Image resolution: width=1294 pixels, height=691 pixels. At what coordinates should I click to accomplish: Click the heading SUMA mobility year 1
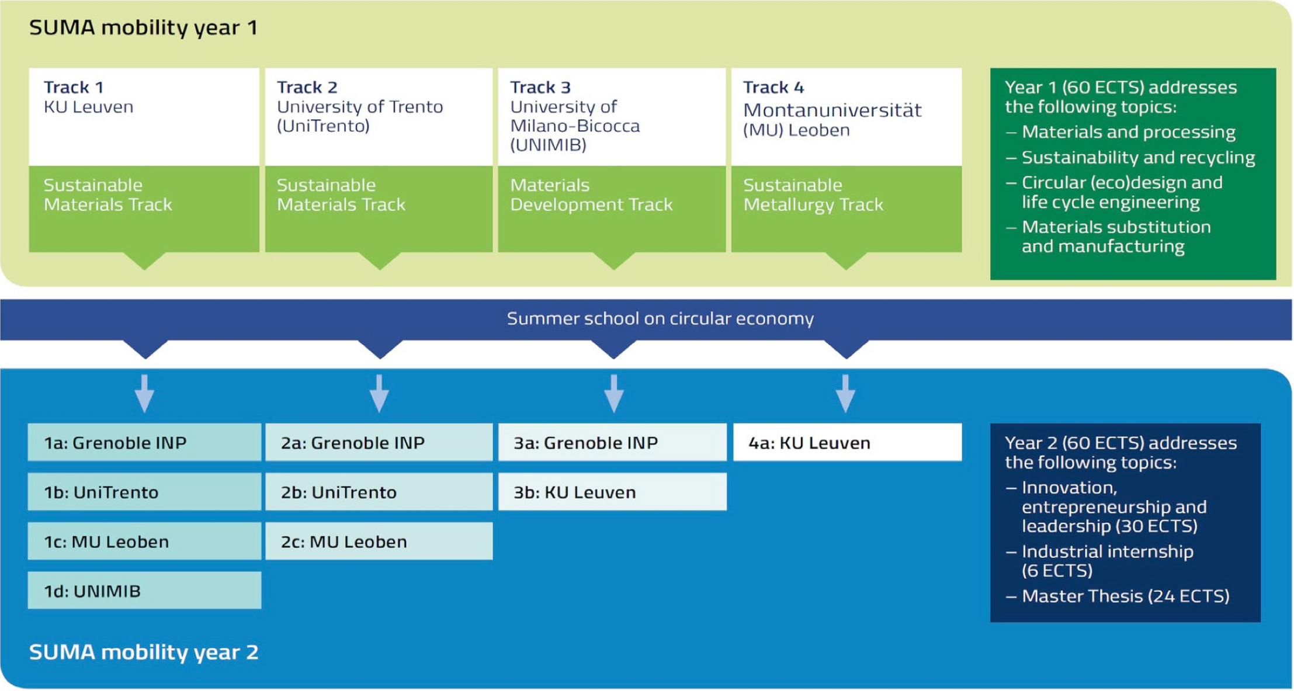143,28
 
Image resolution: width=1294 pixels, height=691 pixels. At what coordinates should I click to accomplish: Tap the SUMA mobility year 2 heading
144,652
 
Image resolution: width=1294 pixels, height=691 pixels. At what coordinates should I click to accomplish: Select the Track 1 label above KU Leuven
74,87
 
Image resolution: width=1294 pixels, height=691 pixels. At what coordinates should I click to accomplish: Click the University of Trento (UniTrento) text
360,116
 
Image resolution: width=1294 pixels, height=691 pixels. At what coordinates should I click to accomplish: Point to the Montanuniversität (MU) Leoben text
832,120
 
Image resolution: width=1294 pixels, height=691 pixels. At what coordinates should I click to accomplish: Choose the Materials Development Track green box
612,209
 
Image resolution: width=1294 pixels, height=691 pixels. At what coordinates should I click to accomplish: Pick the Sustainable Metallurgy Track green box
847,209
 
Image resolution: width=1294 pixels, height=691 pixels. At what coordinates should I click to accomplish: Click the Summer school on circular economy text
660,318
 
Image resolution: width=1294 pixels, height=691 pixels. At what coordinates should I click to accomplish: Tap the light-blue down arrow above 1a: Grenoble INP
144,393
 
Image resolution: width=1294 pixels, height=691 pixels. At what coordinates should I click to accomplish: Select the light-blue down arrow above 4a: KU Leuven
845,393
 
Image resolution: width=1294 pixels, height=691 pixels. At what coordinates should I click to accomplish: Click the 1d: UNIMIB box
144,590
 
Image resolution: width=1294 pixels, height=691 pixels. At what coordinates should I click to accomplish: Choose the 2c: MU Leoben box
379,541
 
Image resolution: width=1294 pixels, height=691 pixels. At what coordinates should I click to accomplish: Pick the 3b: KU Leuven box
612,491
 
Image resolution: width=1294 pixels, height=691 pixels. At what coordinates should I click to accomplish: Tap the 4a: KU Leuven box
848,442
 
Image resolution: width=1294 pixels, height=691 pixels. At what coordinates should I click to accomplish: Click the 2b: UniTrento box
379,491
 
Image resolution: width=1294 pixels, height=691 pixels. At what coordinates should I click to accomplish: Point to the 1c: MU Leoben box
144,541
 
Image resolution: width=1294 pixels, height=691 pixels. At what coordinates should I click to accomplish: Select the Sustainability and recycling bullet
1130,158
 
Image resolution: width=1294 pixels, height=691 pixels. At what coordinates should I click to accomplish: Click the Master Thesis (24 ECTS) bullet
1118,596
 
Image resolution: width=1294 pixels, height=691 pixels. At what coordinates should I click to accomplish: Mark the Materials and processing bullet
1120,132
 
